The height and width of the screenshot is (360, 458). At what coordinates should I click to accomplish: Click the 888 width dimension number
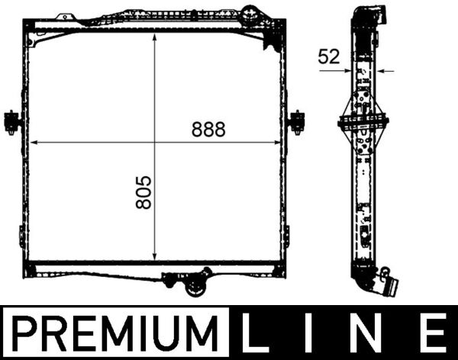click(208, 130)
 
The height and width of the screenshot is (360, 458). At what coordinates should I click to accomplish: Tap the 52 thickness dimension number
click(330, 56)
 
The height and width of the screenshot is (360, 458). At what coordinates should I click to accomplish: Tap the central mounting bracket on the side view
click(364, 122)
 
